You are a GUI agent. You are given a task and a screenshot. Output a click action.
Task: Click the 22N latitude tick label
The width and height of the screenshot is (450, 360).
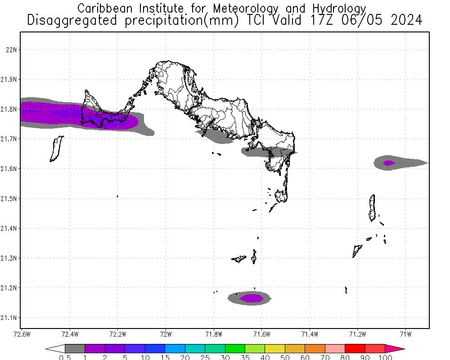coord(11,49)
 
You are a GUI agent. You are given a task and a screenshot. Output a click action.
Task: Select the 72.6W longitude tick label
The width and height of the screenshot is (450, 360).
coord(22,334)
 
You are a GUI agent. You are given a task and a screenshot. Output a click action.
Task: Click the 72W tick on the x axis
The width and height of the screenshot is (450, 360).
coord(166,334)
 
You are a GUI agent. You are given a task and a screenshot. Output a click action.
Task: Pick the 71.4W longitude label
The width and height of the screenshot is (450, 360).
coord(310,334)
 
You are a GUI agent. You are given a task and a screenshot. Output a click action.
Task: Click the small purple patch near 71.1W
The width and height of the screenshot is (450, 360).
coord(388,163)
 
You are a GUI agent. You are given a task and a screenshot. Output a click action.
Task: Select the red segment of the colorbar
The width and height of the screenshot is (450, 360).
coord(355,348)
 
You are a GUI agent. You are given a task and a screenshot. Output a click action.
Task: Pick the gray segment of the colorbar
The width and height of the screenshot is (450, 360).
coord(75,348)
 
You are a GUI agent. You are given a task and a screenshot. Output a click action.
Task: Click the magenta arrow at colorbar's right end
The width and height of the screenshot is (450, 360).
coord(395,348)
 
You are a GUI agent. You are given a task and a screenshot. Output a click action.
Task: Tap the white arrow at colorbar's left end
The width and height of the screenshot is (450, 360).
coord(55,348)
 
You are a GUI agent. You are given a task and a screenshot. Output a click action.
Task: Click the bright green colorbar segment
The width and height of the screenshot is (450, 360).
coord(235,348)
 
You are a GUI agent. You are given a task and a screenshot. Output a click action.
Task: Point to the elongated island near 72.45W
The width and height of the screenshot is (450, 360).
coord(57,148)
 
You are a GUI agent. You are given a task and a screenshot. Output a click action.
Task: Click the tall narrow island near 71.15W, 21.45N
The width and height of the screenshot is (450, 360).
coord(372,207)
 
